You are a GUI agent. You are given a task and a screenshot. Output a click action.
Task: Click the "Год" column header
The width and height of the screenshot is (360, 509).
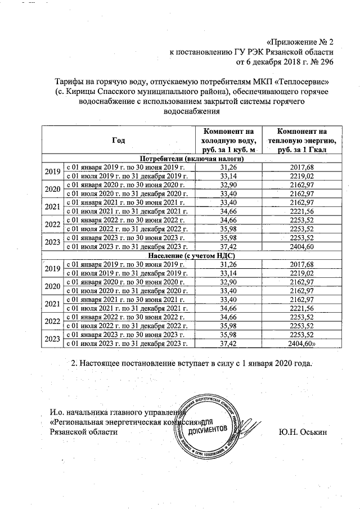point(119,139)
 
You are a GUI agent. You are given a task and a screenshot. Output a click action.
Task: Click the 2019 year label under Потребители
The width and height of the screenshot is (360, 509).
point(52,172)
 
